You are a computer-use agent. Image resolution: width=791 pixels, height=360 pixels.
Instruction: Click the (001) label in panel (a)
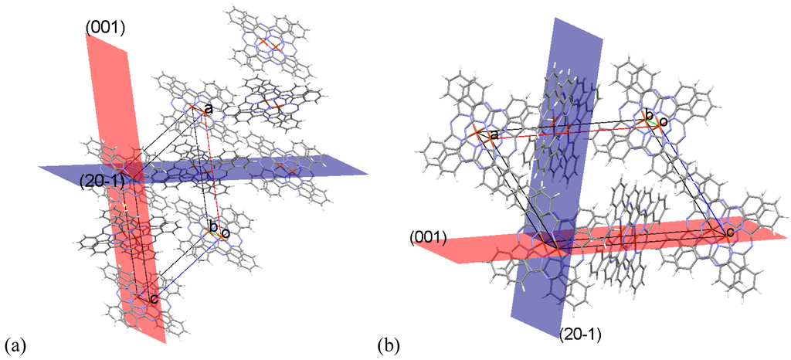pyautogui.click(x=105, y=29)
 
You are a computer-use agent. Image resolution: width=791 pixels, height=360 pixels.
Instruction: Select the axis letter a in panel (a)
pyautogui.click(x=208, y=110)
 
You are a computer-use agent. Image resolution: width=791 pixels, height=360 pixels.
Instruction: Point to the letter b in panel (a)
pyautogui.click(x=213, y=226)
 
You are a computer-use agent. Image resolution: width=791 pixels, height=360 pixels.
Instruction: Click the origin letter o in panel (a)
pyautogui.click(x=225, y=233)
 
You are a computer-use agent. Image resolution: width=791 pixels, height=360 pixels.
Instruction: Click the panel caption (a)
pyautogui.click(x=15, y=342)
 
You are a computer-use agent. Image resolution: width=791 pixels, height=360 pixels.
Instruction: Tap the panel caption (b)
pyautogui.click(x=389, y=342)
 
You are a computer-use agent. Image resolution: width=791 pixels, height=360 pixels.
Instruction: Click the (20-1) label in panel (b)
pyautogui.click(x=580, y=335)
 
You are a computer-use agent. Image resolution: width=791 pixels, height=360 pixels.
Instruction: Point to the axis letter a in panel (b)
pyautogui.click(x=494, y=135)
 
